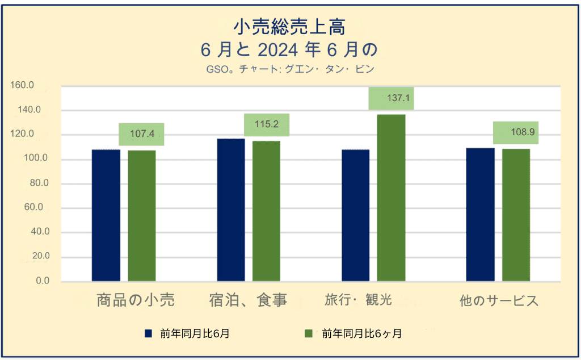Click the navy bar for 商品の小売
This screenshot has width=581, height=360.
[106, 215]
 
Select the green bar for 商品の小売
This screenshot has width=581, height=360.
[142, 216]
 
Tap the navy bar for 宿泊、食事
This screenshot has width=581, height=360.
[231, 210]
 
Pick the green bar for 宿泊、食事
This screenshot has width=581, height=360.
[267, 211]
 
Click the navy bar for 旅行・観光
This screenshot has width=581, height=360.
[356, 215]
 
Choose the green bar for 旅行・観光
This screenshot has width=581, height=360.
[391, 198]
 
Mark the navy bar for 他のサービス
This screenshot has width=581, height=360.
[480, 215]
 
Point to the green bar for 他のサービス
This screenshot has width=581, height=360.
[516, 215]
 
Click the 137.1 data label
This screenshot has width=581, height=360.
[398, 98]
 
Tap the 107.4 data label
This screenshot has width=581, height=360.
[142, 133]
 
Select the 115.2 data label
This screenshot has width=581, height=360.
[267, 124]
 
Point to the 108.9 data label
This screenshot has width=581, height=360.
[523, 132]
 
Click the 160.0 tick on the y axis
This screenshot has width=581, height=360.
[22, 85]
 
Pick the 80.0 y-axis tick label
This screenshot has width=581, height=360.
[39, 183]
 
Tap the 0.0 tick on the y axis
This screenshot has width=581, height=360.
[43, 281]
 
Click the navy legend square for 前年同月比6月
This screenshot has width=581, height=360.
[148, 333]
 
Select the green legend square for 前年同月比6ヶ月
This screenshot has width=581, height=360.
[309, 333]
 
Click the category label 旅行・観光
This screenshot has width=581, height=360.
[359, 300]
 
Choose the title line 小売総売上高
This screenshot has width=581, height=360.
[290, 27]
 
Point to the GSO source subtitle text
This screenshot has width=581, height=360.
[290, 69]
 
